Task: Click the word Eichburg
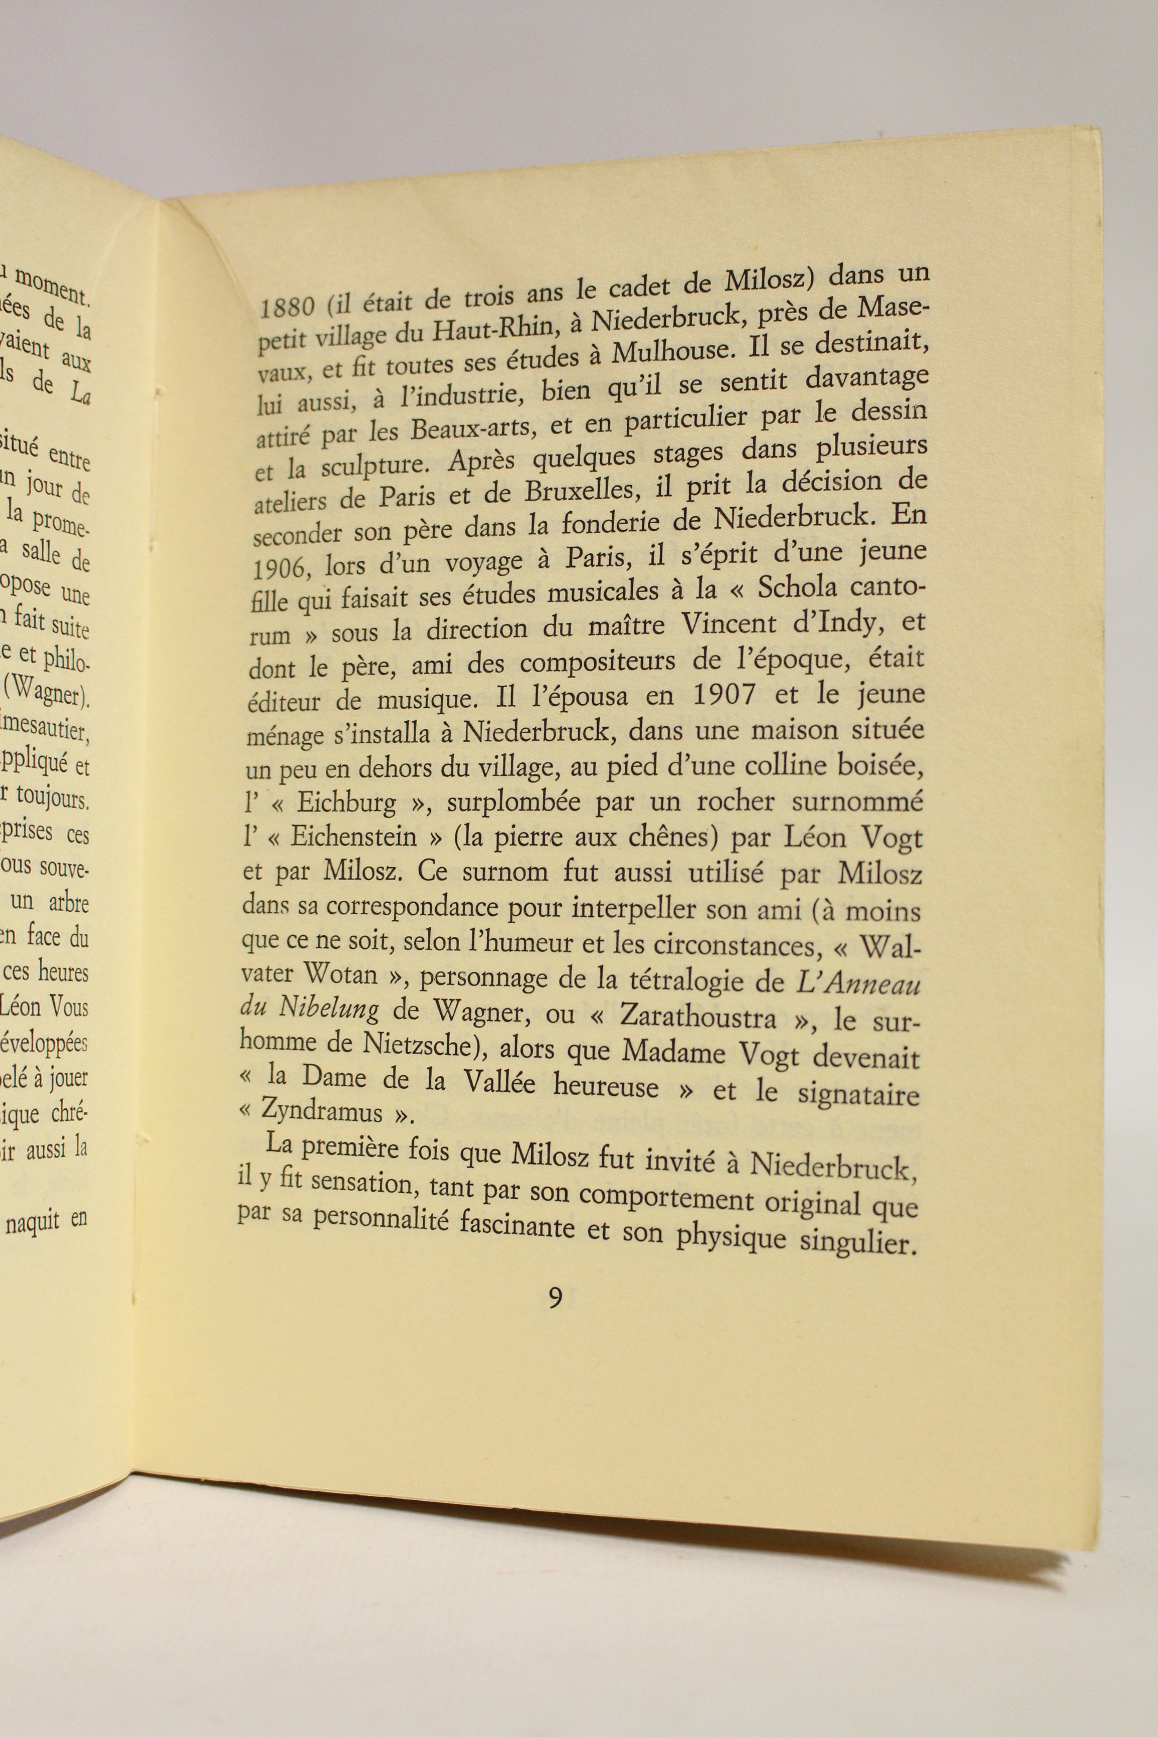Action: pos(346,803)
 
